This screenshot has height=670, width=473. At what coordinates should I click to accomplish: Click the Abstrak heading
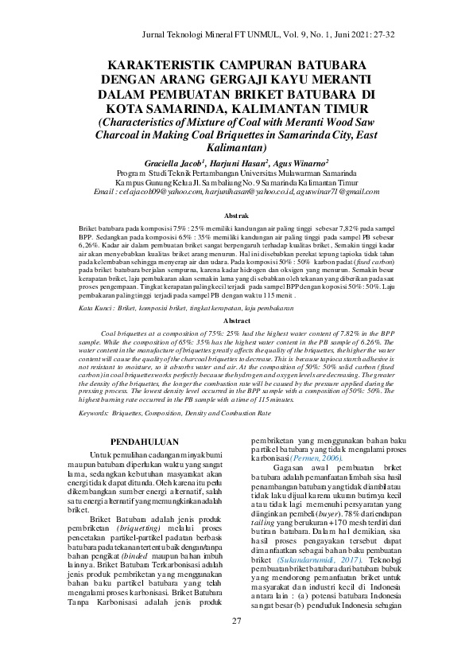(236, 216)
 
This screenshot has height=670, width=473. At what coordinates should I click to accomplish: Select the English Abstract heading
(236, 320)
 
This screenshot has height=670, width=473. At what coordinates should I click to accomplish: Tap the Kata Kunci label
(103, 307)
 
